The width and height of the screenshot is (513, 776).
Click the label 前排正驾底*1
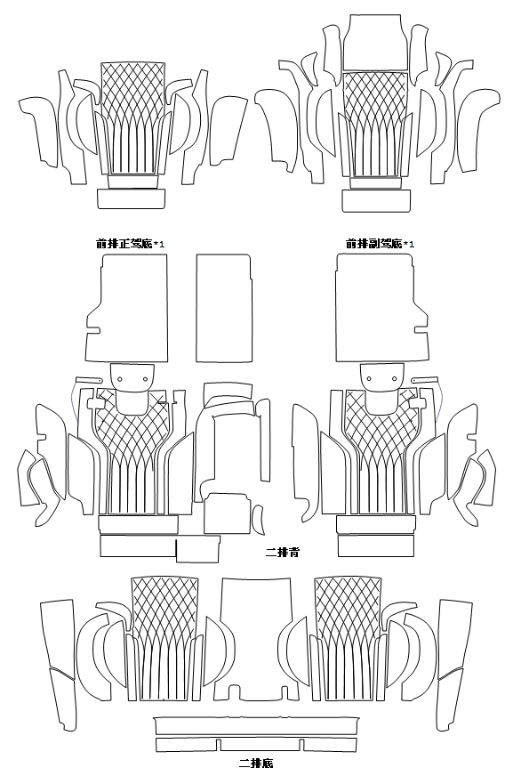pyautogui.click(x=131, y=244)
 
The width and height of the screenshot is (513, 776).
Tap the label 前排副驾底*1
pyautogui.click(x=380, y=244)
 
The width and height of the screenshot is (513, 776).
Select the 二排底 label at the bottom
pyautogui.click(x=256, y=764)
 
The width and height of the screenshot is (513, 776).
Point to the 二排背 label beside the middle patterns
pyautogui.click(x=282, y=552)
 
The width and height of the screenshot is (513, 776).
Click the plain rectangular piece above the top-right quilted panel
pyautogui.click(x=374, y=42)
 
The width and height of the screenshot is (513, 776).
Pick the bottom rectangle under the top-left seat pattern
pyautogui.click(x=131, y=199)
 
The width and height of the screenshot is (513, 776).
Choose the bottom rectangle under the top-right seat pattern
pyautogui.click(x=376, y=201)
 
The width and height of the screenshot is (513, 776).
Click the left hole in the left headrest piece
pyautogui.click(x=120, y=379)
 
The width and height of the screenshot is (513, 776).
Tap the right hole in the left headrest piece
pyautogui.click(x=145, y=379)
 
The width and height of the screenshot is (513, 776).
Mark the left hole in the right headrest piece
pyautogui.click(x=370, y=379)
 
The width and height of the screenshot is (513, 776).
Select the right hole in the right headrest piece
pyautogui.click(x=395, y=379)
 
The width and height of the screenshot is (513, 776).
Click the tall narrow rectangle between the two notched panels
pyautogui.click(x=224, y=308)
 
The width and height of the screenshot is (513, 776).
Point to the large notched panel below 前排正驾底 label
pyautogui.click(x=127, y=308)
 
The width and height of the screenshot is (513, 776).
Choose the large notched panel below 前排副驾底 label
pyautogui.click(x=381, y=308)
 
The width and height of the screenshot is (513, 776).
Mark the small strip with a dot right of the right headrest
pyautogui.click(x=425, y=380)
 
